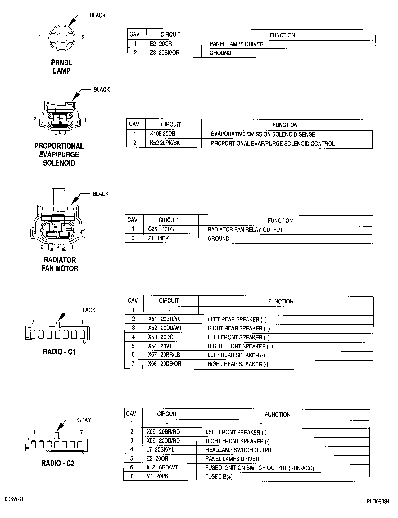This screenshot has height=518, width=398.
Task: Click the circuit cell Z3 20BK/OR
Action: pyautogui.click(x=165, y=53)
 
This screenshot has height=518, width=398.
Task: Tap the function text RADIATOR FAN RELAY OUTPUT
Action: pyautogui.click(x=245, y=230)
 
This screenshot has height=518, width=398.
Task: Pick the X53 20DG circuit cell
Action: pyautogui.click(x=161, y=337)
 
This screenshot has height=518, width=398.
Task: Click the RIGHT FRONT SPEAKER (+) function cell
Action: pyautogui.click(x=240, y=346)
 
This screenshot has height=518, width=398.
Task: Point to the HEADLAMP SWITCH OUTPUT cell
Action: pyautogui.click(x=240, y=450)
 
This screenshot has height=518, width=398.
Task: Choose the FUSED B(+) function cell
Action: pyautogui.click(x=219, y=476)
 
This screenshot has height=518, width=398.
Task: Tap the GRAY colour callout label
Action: pyautogui.click(x=84, y=420)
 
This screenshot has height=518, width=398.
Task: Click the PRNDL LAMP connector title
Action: pyautogui.click(x=61, y=67)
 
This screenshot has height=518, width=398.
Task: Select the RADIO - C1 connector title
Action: pyautogui.click(x=59, y=352)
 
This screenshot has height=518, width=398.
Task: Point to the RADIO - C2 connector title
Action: pyautogui.click(x=58, y=463)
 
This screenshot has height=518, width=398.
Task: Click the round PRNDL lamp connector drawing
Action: pyautogui.click(x=62, y=38)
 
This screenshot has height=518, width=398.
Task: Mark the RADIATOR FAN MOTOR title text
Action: pyautogui.click(x=60, y=264)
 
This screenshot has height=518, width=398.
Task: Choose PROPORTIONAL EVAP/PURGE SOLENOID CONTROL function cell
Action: pyautogui.click(x=273, y=143)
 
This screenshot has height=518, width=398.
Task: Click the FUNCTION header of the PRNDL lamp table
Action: pyautogui.click(x=282, y=35)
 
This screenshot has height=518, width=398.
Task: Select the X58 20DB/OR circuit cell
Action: pyautogui.click(x=164, y=364)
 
